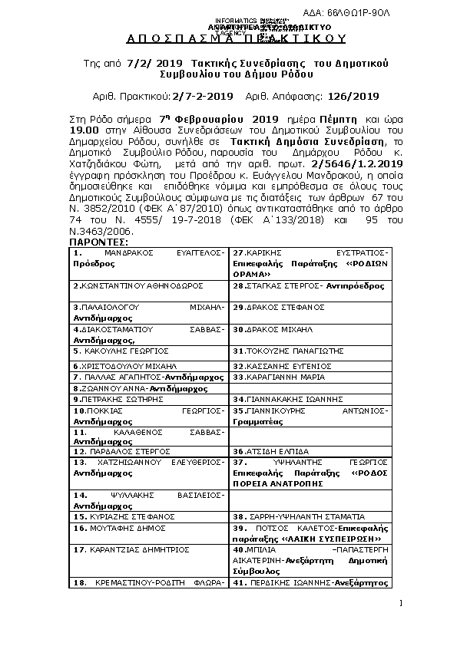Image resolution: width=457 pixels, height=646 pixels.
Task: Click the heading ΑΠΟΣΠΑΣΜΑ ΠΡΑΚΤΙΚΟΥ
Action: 228,38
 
